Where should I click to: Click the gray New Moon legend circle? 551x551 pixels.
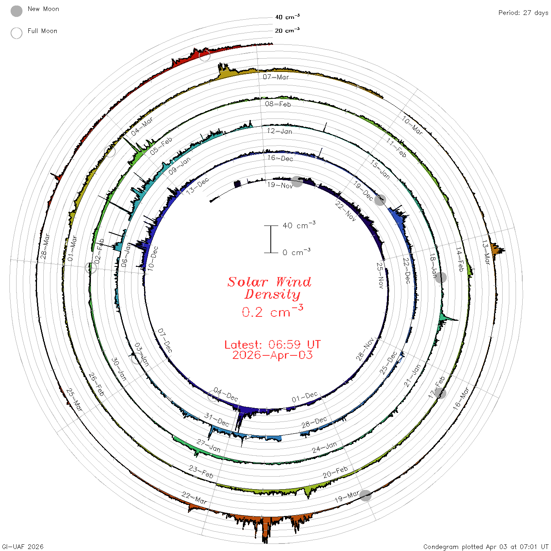(16, 11)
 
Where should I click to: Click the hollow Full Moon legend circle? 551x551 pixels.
(16, 33)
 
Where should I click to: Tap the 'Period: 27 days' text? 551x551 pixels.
(523, 13)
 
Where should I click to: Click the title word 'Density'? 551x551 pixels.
(272, 294)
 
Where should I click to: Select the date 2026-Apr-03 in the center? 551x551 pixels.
(272, 355)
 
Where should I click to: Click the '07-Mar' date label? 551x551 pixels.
(275, 77)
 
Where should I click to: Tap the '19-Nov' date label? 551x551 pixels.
(280, 185)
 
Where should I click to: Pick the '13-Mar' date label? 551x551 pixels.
(486, 252)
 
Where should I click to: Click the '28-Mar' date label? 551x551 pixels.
(45, 246)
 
